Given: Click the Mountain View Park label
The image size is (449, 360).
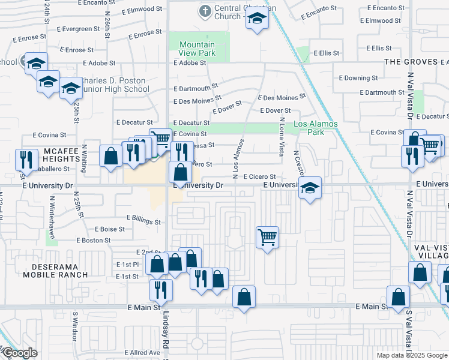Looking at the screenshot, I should [197, 49].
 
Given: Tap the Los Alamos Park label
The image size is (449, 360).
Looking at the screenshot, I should [316, 128].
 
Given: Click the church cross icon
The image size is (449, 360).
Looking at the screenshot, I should [205, 11].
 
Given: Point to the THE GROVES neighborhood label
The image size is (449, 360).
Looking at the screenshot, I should [411, 62].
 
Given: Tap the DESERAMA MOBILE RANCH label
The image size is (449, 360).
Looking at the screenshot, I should [55, 271].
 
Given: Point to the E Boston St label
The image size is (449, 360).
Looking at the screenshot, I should [93, 240].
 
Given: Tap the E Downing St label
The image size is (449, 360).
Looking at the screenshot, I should [358, 78].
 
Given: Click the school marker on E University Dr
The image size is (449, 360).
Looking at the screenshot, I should [310, 188].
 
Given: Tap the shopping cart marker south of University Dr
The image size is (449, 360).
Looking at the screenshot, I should [267, 236].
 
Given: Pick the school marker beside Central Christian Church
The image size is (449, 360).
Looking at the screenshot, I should [257, 19].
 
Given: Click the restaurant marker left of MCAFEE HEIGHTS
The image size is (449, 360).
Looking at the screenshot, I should [25, 160].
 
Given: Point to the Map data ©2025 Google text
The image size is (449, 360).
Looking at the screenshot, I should [411, 355].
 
